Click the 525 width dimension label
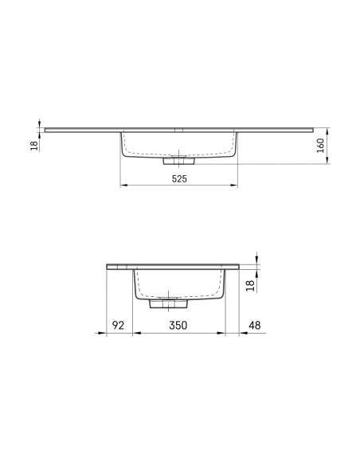tap(179, 179)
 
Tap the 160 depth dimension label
tap(320, 146)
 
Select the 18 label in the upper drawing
tap(34, 146)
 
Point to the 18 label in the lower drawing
tap(251, 286)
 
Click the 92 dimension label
tap(118, 326)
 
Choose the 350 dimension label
tap(178, 326)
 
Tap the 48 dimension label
tap(254, 326)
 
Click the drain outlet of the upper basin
tap(179, 161)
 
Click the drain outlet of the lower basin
tap(168, 303)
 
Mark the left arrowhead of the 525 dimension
tap(123, 186)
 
